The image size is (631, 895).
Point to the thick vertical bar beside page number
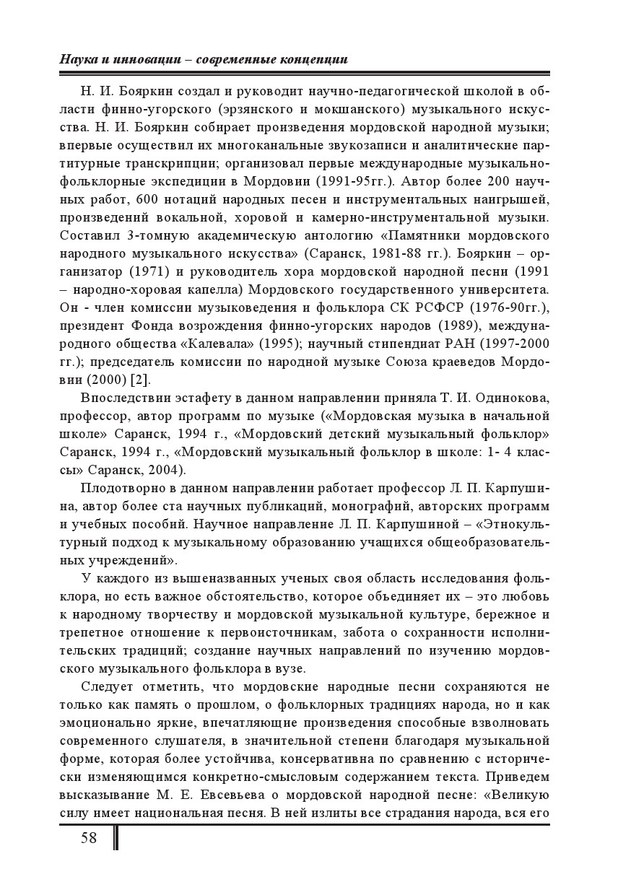pyautogui.click(x=116, y=838)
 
